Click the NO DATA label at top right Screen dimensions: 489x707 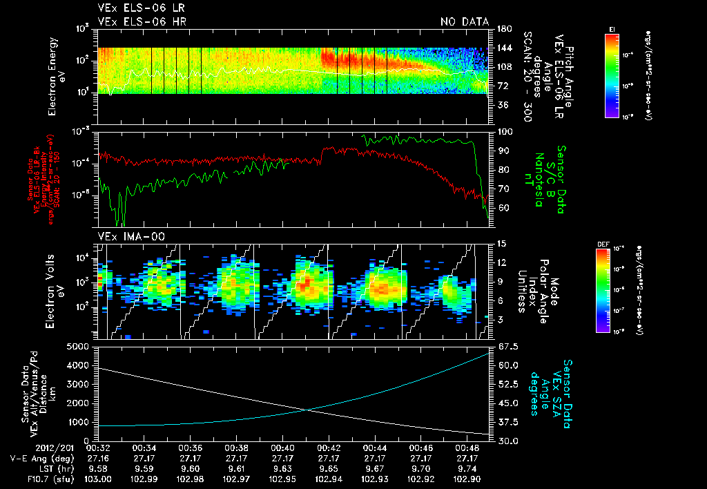[464, 21]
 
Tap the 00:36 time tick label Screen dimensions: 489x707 [189, 447]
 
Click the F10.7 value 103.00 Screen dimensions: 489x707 [98, 479]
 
